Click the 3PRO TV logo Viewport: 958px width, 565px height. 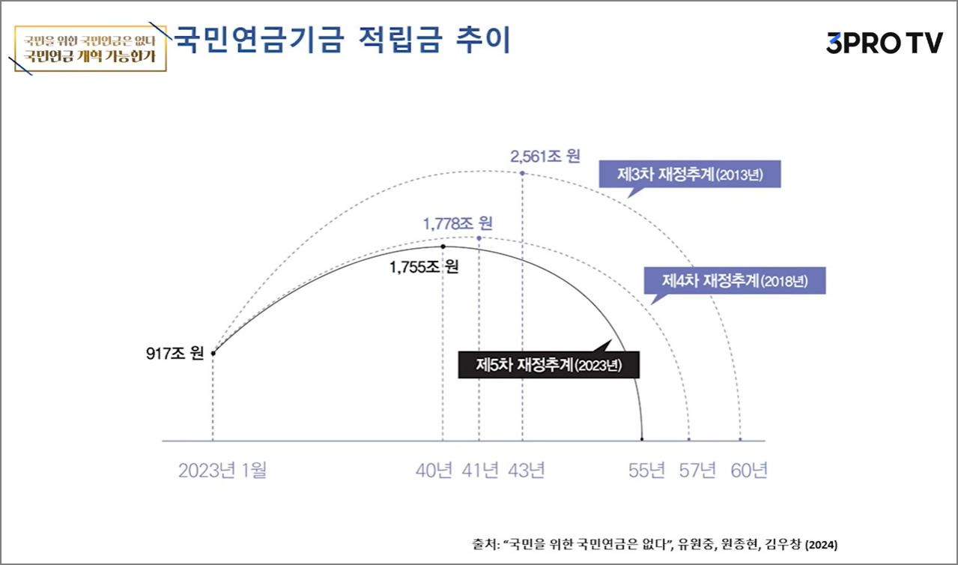click(x=884, y=43)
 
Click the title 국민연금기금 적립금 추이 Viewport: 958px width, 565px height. click(x=342, y=40)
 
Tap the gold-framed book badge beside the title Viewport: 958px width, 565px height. click(x=91, y=48)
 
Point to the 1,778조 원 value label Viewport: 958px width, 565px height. click(x=457, y=223)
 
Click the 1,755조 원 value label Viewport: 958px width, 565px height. click(x=424, y=267)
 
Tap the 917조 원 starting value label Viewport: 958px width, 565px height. click(x=175, y=353)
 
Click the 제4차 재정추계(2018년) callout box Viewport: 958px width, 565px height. click(x=733, y=282)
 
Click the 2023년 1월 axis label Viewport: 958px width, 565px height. click(x=222, y=471)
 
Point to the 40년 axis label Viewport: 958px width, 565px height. click(x=434, y=471)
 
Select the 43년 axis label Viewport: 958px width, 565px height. click(x=526, y=471)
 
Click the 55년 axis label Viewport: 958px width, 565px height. click(x=647, y=471)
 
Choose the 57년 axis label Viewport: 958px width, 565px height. click(x=697, y=471)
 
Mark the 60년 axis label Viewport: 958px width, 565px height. click(x=749, y=471)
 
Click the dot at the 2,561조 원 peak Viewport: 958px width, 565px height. click(x=522, y=173)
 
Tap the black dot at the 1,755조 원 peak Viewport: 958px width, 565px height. click(x=443, y=247)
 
